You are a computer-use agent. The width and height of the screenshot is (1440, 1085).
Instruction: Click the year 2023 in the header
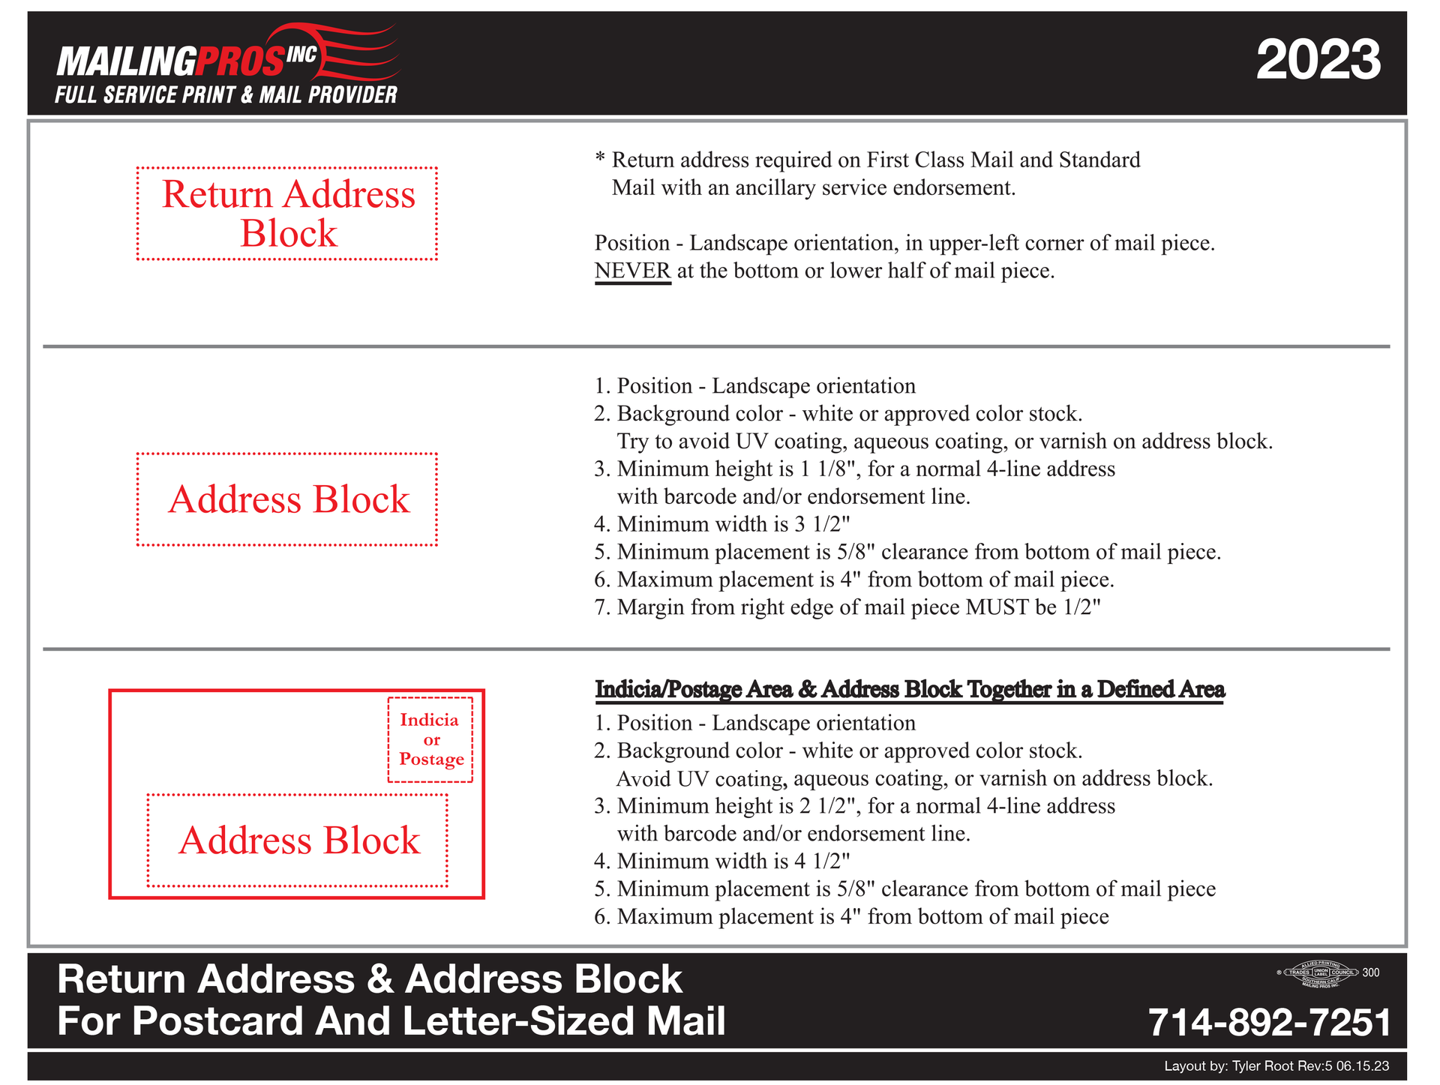click(1318, 60)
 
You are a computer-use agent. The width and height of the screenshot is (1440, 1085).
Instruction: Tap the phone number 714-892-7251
click(1269, 1022)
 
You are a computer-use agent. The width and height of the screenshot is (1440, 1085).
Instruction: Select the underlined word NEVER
click(632, 271)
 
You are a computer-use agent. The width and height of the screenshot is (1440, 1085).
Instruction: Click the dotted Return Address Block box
click(287, 214)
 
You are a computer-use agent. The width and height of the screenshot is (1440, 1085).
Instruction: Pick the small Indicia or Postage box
click(430, 740)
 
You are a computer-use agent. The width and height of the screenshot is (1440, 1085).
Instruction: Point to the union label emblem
click(1320, 973)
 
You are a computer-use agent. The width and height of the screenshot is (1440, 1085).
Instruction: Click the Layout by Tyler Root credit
click(1276, 1066)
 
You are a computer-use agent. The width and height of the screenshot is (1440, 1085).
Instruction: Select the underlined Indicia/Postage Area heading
click(909, 689)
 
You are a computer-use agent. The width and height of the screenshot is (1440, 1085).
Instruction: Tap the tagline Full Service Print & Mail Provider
click(226, 95)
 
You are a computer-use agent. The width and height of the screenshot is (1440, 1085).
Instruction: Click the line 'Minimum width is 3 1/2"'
click(722, 524)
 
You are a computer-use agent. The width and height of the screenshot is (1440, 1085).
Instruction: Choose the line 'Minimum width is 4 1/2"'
click(722, 862)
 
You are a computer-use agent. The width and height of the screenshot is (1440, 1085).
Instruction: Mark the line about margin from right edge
click(847, 607)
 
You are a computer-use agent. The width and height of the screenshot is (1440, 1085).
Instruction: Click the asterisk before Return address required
click(600, 159)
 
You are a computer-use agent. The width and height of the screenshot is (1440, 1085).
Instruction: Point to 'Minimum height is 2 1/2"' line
click(854, 806)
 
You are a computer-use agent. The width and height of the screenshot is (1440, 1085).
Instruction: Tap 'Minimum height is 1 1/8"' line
click(854, 469)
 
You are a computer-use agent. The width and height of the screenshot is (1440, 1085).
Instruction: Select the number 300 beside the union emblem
click(1370, 973)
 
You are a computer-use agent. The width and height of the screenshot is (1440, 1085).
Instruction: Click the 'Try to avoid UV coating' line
click(944, 442)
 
